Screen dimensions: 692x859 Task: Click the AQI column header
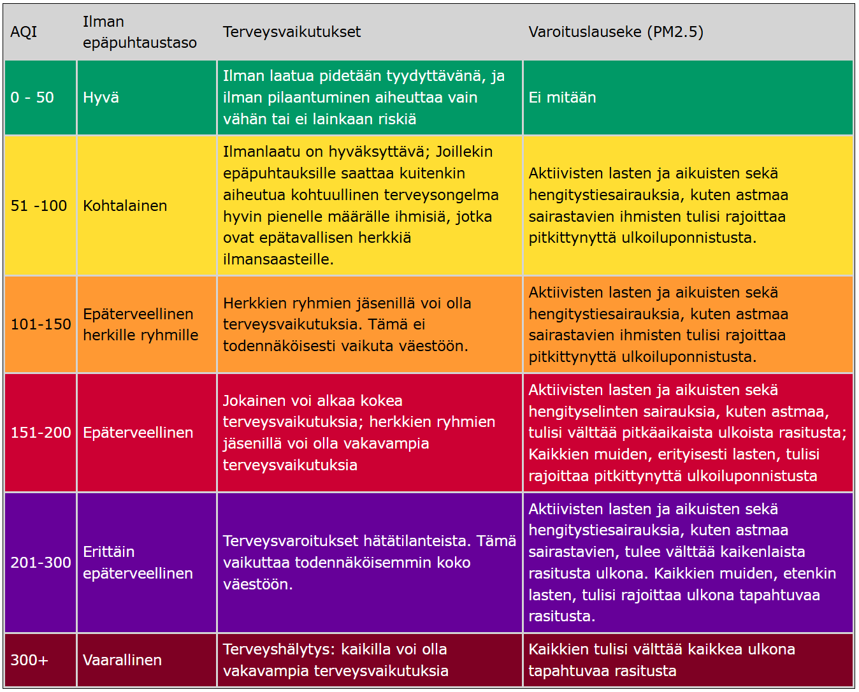point(24,32)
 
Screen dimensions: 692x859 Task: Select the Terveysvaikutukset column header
point(291,32)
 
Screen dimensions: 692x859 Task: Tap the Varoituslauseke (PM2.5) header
point(616,32)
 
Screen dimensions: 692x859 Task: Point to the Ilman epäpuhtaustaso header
point(140,32)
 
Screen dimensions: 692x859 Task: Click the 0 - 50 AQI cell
point(32,97)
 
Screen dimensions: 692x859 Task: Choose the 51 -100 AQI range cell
point(39,206)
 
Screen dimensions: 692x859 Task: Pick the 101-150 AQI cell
point(41,324)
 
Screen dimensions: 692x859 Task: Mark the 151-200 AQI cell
point(41,433)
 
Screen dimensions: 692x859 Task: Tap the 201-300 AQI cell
point(41,563)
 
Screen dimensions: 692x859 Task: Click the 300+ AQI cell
point(29,660)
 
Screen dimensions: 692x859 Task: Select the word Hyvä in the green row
point(101,97)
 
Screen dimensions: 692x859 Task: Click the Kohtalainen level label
point(125,206)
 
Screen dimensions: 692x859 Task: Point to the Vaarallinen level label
point(122,660)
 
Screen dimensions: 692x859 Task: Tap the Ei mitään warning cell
point(562,97)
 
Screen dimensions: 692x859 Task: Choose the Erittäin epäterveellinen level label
point(138,563)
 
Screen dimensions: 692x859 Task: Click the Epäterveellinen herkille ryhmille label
point(140,324)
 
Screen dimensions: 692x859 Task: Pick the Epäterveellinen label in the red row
point(138,433)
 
